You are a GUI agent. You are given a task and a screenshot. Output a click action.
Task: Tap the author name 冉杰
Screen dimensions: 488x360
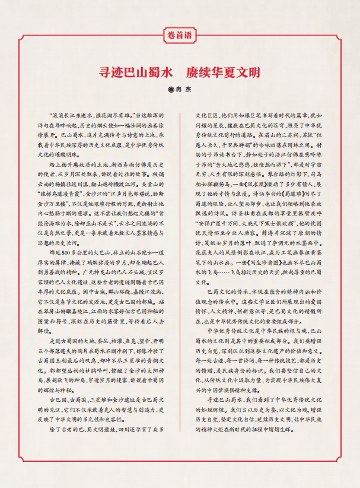pos(184,90)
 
